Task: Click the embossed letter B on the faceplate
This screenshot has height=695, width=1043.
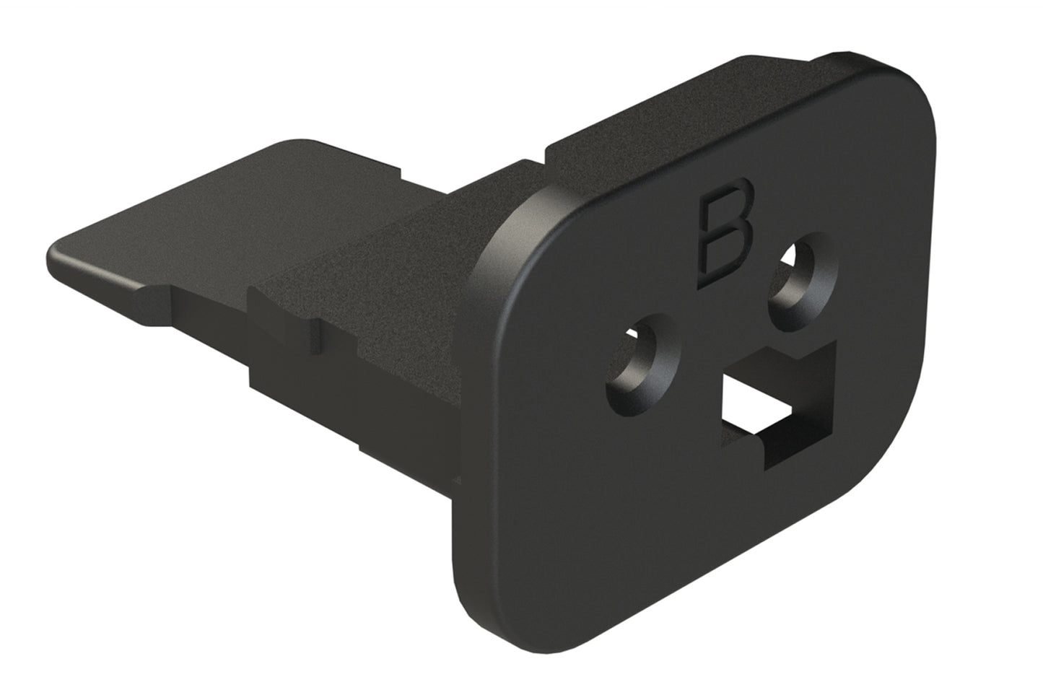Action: (726, 235)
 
